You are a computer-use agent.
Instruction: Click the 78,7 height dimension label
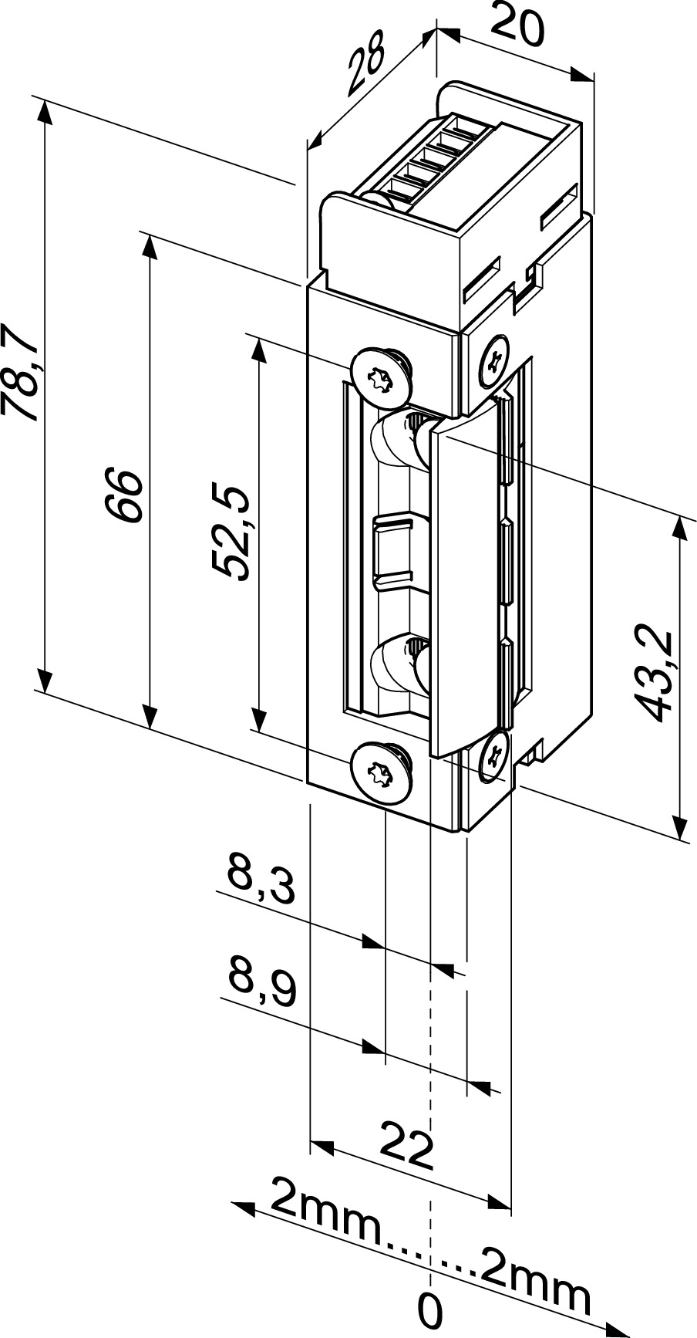click(x=21, y=373)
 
